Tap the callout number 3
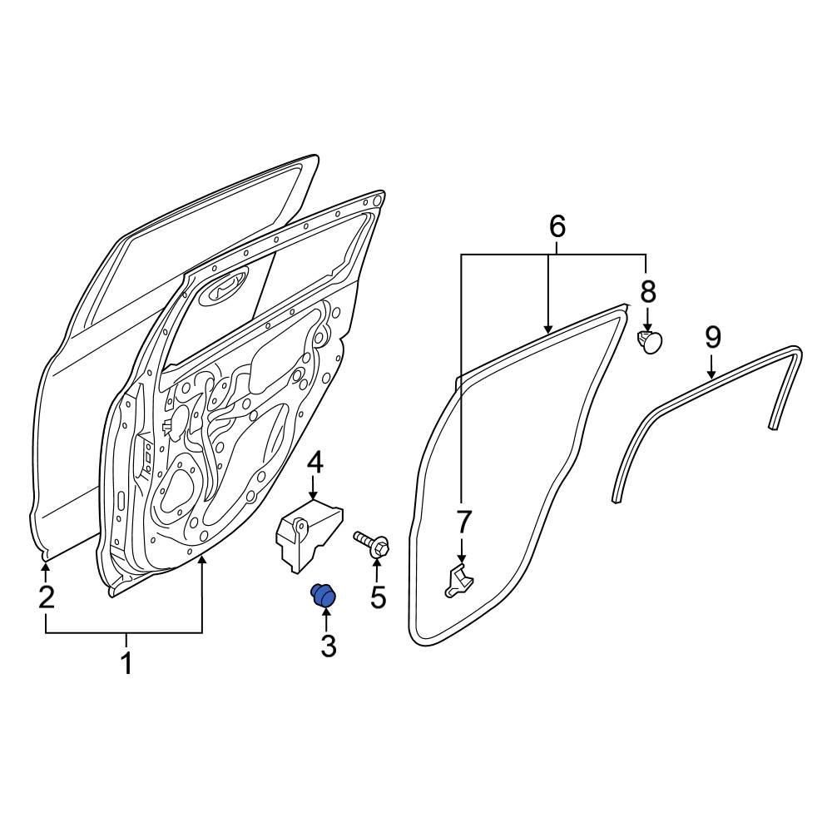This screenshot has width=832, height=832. pos(328,644)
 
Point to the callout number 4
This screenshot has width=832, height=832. pos(315,463)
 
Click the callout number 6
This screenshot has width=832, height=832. pos(557,225)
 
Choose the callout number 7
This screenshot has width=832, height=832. pos(463,522)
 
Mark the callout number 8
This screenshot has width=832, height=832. pos(647,291)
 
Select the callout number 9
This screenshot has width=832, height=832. pos(712,337)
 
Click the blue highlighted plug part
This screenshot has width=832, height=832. pos(322,595)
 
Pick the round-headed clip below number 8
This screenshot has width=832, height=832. pos(651,341)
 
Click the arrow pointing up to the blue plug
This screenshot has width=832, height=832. pos(325,619)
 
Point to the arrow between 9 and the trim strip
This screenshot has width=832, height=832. pos(712,366)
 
